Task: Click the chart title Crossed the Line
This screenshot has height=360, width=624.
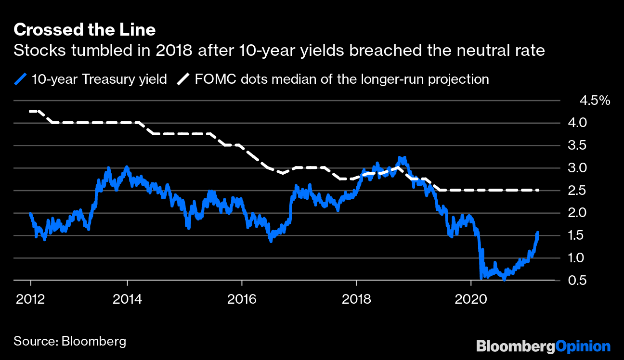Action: [x=84, y=30]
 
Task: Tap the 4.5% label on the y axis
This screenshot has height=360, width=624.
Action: [x=595, y=101]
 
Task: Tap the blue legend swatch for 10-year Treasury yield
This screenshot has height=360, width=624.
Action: [x=21, y=79]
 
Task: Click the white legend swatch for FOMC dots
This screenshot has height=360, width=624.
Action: [x=183, y=79]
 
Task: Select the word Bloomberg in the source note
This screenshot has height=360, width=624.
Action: [x=93, y=341]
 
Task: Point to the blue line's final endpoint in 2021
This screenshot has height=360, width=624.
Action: [x=537, y=232]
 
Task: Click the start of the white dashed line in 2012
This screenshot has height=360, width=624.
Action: [x=30, y=111]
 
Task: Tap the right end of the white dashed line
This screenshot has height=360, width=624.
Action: [x=537, y=191]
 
